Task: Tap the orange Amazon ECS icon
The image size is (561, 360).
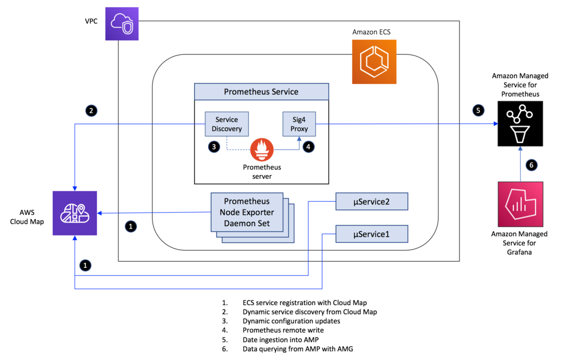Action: [374, 62]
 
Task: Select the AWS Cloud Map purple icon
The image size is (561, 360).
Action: [75, 213]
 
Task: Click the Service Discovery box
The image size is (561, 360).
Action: [227, 124]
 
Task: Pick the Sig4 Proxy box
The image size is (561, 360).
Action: [299, 124]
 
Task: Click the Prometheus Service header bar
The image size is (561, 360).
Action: [261, 92]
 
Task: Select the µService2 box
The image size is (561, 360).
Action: [372, 202]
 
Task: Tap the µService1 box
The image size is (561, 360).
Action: [372, 233]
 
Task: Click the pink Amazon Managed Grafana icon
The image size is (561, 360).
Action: [520, 204]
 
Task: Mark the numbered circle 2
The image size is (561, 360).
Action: [91, 110]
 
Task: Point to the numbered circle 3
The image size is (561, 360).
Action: [214, 147]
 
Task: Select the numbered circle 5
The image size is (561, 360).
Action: [478, 110]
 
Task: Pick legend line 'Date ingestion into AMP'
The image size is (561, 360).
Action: [277, 339]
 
